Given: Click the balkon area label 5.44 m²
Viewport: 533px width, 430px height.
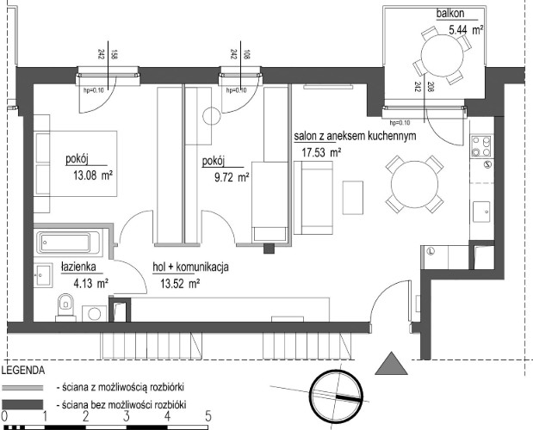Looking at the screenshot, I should pos(464,30).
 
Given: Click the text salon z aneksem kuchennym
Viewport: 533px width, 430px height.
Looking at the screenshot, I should pos(356,136).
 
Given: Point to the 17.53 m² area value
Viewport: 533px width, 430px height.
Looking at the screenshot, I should pos(321,153).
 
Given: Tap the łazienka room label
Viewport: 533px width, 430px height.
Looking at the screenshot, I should pos(77,267).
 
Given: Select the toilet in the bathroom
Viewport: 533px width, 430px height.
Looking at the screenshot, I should pos(65,304).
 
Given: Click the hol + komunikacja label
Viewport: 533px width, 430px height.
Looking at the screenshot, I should pos(190,267).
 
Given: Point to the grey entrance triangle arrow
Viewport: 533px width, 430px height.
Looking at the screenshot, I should pos(394,363).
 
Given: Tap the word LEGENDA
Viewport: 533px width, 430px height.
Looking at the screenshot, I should pos(23,371).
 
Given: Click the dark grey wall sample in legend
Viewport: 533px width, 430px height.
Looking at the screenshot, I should pos(25,404).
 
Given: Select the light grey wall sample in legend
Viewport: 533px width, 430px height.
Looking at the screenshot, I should pos(25,388).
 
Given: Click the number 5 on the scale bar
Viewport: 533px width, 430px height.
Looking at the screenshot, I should pos(208,415).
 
